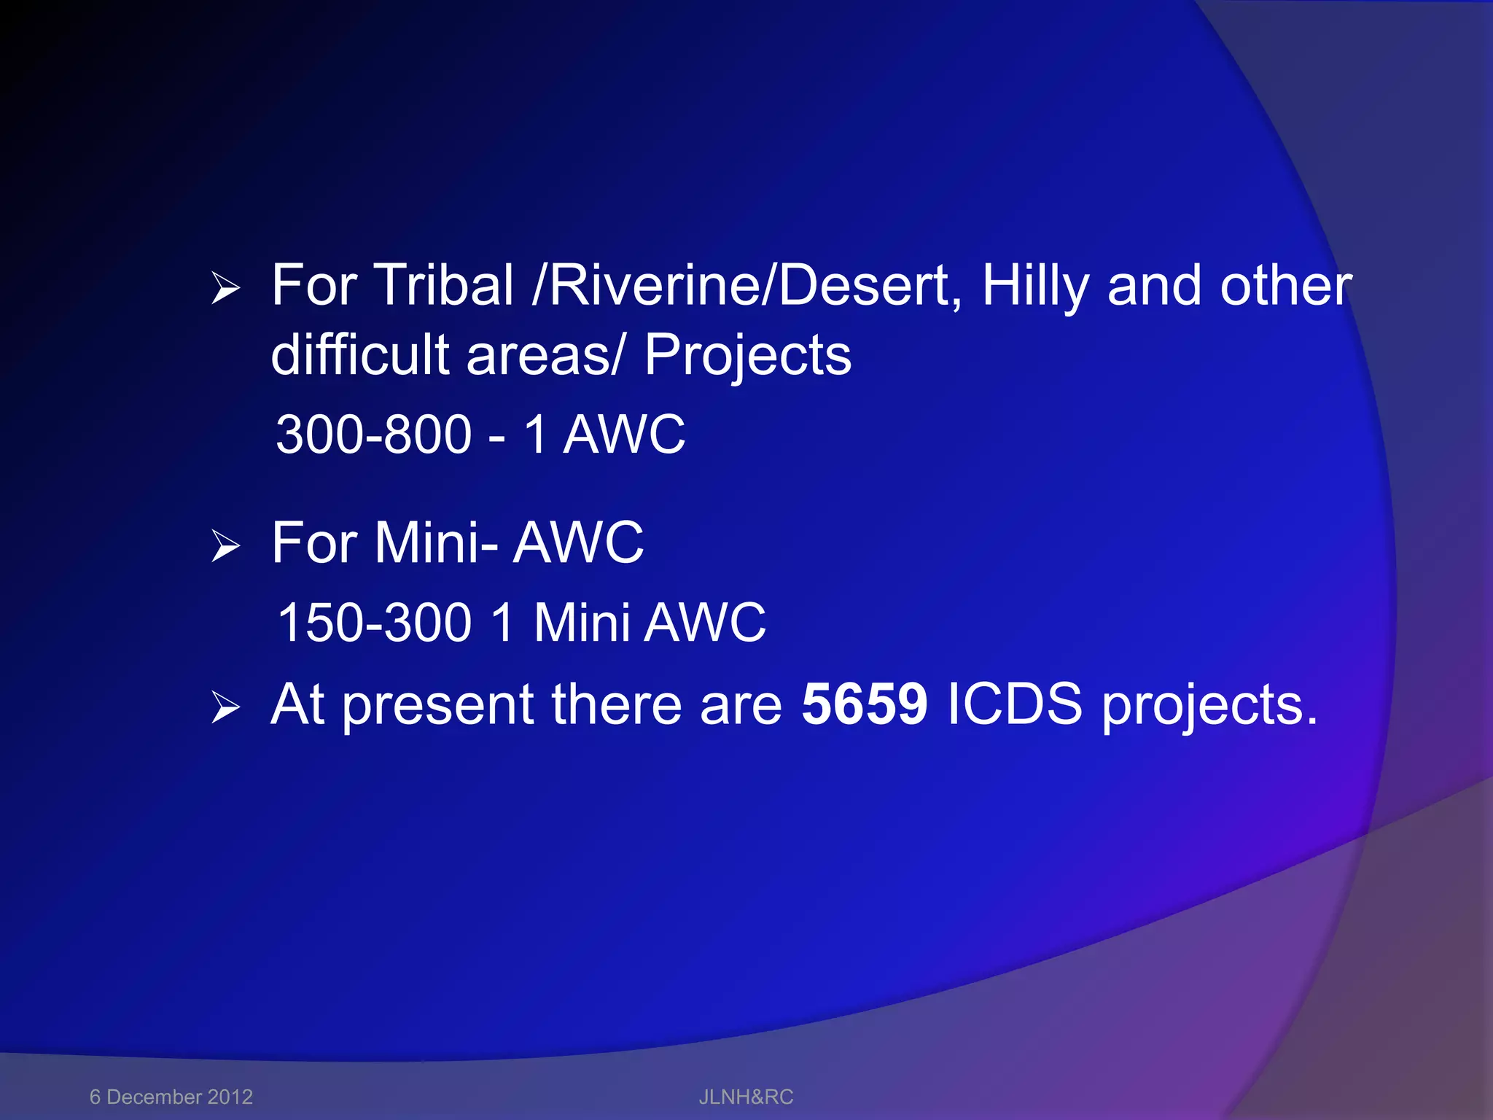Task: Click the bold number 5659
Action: tap(864, 704)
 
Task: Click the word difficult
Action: tap(360, 354)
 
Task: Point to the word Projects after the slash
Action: tap(747, 356)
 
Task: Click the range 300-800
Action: tap(374, 435)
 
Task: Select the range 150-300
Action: tap(375, 623)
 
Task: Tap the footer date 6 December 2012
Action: tap(171, 1097)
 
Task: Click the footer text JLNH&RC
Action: tap(746, 1097)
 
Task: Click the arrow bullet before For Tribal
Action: tap(225, 288)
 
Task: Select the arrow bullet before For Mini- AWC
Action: tap(225, 546)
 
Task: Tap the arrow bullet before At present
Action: tap(225, 707)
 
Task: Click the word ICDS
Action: tap(1014, 704)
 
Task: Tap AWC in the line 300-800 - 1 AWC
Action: tap(624, 435)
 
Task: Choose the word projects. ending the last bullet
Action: tap(1209, 706)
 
